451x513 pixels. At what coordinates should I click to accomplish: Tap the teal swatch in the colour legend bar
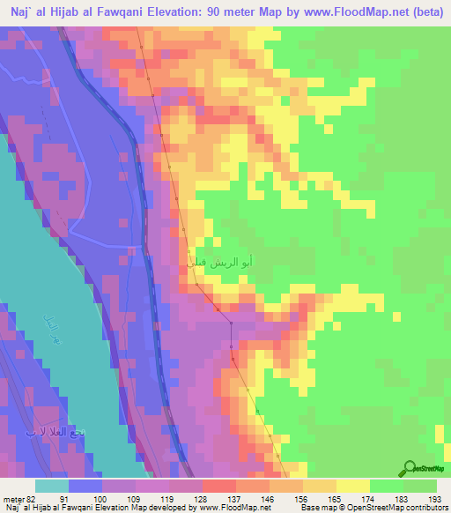[51, 486]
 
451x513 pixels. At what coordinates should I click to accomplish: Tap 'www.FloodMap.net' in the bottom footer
[233, 508]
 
